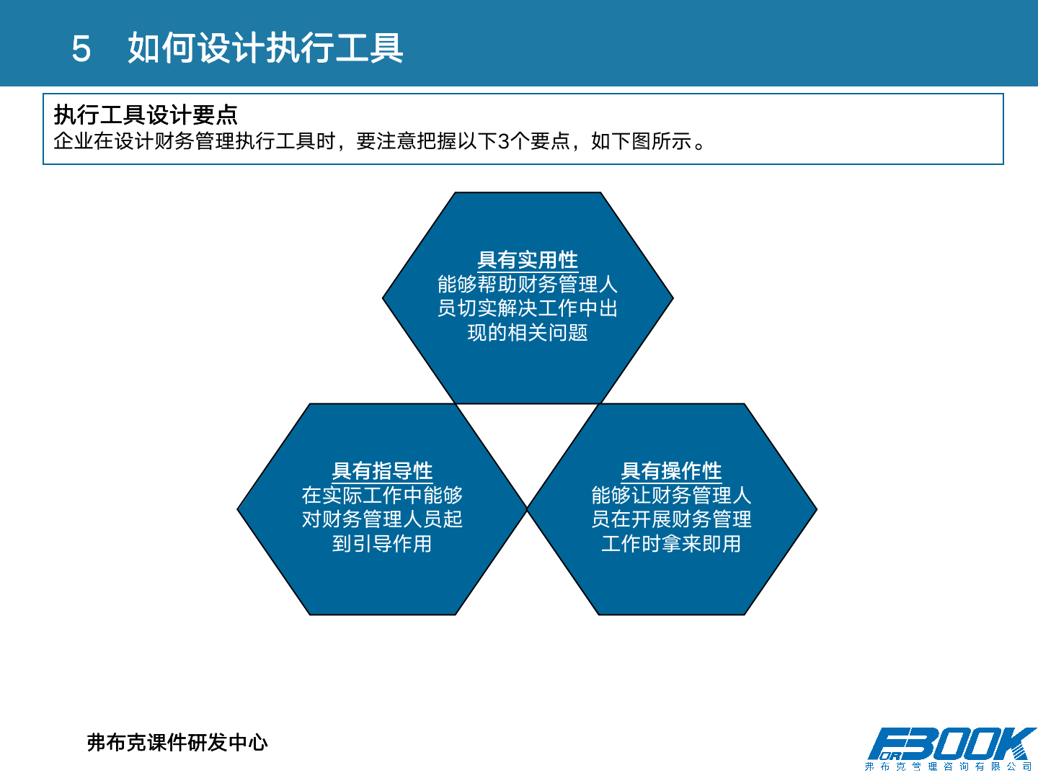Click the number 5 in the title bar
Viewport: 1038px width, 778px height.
(81, 49)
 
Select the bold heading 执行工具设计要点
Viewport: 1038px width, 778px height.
(146, 115)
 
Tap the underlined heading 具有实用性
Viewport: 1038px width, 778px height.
(528, 259)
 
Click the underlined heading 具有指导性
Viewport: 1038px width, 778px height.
(382, 470)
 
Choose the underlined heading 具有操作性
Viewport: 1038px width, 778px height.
(671, 470)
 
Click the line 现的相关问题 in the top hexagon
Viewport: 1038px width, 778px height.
(528, 332)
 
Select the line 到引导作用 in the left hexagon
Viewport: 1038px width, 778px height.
(382, 543)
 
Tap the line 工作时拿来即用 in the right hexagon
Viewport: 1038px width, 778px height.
(671, 543)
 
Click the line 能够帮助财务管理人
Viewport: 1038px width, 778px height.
(528, 284)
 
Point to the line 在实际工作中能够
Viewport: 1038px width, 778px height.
(382, 495)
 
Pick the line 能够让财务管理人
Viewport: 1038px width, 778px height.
(671, 495)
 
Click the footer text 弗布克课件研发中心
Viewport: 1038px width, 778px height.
(177, 742)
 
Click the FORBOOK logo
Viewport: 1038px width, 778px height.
(951, 744)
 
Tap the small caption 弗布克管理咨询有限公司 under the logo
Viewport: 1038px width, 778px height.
(949, 766)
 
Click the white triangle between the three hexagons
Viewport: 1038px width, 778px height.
(528, 439)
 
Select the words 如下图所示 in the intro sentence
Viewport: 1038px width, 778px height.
(641, 141)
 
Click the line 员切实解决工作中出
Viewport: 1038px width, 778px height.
(528, 308)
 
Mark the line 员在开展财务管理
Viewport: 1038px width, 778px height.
(671, 519)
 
